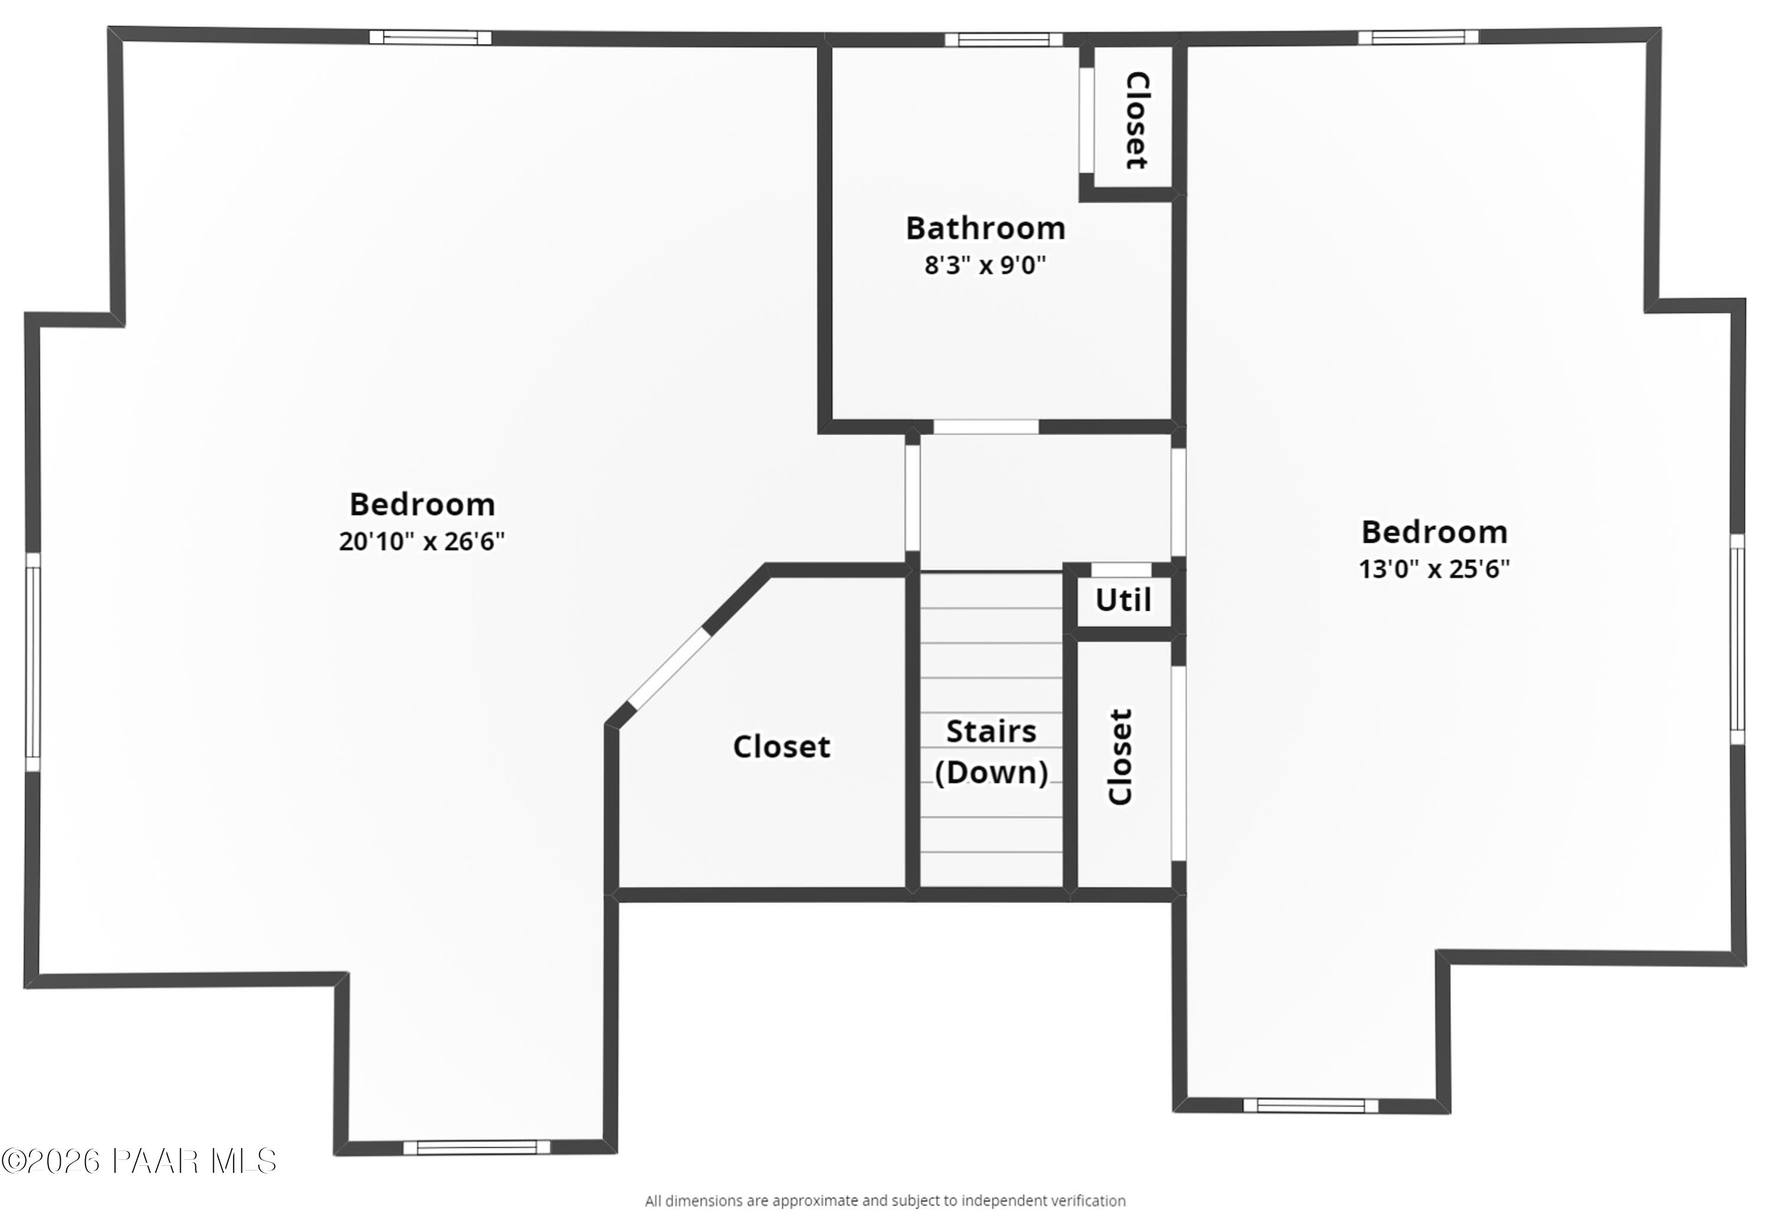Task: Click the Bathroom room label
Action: [x=985, y=229]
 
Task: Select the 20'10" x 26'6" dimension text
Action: [x=421, y=542]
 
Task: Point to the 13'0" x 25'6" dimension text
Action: [x=1433, y=569]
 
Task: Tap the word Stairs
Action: [x=991, y=732]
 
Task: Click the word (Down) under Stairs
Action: [x=991, y=773]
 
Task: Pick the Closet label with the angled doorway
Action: [x=781, y=747]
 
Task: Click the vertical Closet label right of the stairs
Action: [x=1120, y=757]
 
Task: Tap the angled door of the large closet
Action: [x=668, y=669]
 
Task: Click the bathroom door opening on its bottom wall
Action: [x=985, y=427]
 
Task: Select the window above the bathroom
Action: [x=1003, y=40]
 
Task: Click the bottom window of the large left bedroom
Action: [x=476, y=1147]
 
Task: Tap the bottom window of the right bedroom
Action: [x=1310, y=1106]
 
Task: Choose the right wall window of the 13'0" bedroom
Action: [x=1737, y=639]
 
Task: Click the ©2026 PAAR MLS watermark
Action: [x=139, y=1162]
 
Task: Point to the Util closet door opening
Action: [x=1121, y=570]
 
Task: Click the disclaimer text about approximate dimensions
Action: [x=885, y=1201]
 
